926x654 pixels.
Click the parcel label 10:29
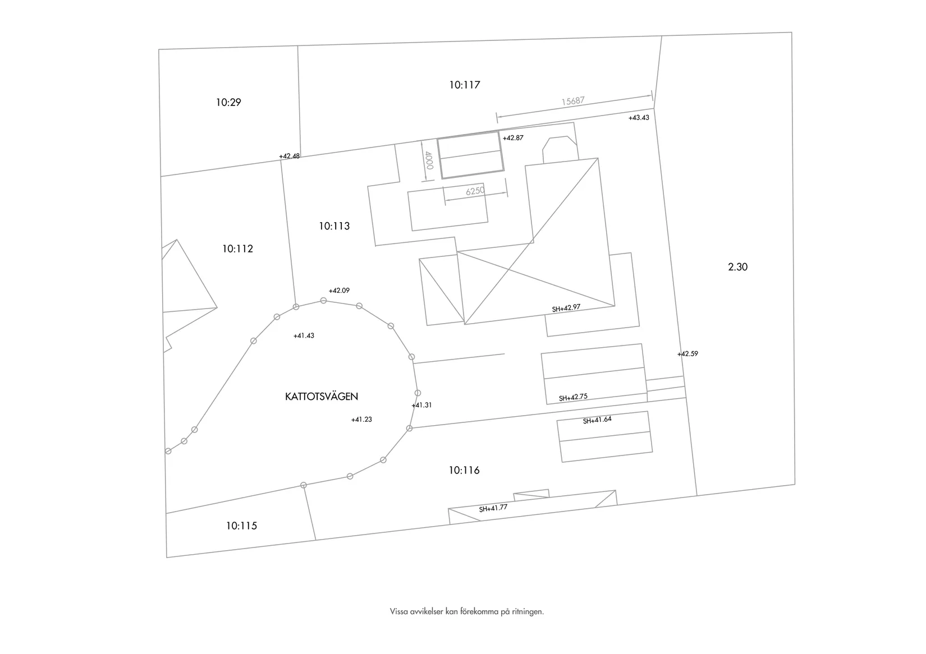pyautogui.click(x=228, y=102)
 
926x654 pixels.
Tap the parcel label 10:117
pyautogui.click(x=464, y=85)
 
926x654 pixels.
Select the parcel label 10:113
pyautogui.click(x=334, y=226)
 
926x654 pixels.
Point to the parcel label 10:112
pyautogui.click(x=237, y=248)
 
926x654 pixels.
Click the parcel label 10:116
pyautogui.click(x=464, y=470)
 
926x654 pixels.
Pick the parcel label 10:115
pyautogui.click(x=241, y=526)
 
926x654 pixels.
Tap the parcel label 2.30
pyautogui.click(x=737, y=267)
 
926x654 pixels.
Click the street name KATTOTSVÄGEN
pyautogui.click(x=322, y=397)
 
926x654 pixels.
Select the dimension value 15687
pyautogui.click(x=573, y=101)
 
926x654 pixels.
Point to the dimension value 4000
pyautogui.click(x=429, y=160)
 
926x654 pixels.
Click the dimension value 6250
pyautogui.click(x=475, y=191)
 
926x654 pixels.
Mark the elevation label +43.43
pyautogui.click(x=639, y=118)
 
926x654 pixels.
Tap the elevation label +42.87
pyautogui.click(x=513, y=138)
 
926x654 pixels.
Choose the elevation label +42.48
pyautogui.click(x=290, y=156)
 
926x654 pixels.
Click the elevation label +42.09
pyautogui.click(x=339, y=291)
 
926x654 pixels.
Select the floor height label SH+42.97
pyautogui.click(x=566, y=308)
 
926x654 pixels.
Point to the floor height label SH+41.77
pyautogui.click(x=493, y=508)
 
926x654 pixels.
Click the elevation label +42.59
pyautogui.click(x=687, y=354)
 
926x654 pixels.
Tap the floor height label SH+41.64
pyautogui.click(x=597, y=420)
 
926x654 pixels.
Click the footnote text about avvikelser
pyautogui.click(x=467, y=611)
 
